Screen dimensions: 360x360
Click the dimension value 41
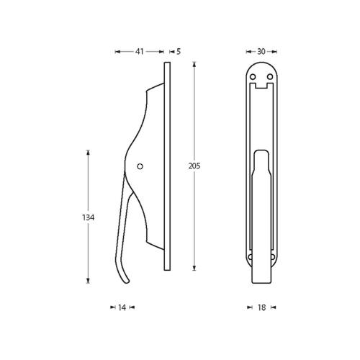pos(140,52)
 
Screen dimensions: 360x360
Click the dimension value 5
pos(179,52)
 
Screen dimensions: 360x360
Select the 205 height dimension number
pos(194,166)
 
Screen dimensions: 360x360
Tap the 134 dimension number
pos(89,217)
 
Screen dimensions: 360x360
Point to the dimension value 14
pos(122,307)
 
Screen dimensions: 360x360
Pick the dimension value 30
pos(261,52)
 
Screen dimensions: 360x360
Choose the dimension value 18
pos(261,307)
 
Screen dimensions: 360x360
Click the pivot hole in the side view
pos(140,166)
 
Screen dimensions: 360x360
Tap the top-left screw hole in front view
pos(253,77)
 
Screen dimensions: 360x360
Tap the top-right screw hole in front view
pos(270,77)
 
